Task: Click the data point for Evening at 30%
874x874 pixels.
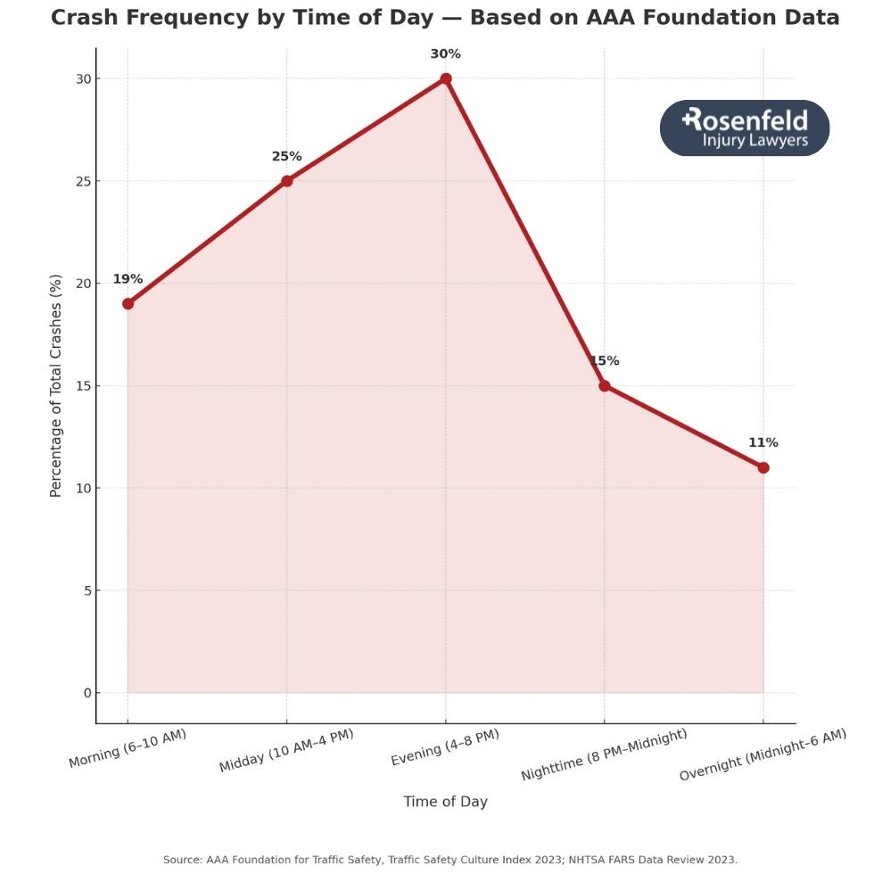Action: [x=446, y=78]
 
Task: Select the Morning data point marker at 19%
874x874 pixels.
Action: [x=128, y=303]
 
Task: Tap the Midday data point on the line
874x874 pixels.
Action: [x=286, y=181]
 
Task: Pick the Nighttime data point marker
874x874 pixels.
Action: [x=605, y=385]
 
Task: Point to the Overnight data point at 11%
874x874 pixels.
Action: [x=763, y=467]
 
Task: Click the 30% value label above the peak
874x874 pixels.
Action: [x=446, y=54]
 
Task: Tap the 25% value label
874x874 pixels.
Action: [x=286, y=157]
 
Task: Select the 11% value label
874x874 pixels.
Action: [x=763, y=443]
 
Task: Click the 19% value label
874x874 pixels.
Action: [x=128, y=279]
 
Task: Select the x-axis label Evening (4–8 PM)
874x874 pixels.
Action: [x=445, y=747]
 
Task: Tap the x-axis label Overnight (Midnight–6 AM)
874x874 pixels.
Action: [x=763, y=754]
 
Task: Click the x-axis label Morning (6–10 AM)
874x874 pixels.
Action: [x=128, y=747]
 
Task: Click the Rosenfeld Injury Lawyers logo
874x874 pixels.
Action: [x=745, y=128]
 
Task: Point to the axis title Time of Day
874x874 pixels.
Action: [x=445, y=802]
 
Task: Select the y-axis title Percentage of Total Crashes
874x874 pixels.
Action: [x=56, y=386]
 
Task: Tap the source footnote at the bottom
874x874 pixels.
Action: [x=450, y=860]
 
